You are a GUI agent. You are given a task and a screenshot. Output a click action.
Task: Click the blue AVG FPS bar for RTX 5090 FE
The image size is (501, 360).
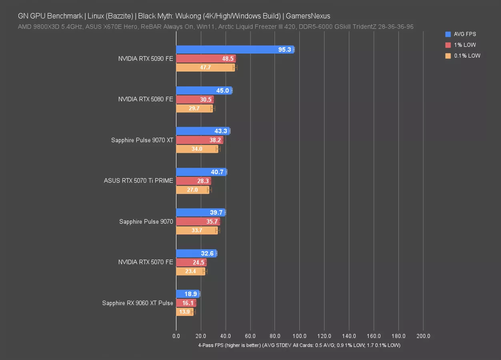coord(235,50)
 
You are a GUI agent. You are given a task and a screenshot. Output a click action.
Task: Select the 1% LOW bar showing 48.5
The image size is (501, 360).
coord(206,58)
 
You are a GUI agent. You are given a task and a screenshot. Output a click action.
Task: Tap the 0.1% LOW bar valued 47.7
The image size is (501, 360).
coord(205,68)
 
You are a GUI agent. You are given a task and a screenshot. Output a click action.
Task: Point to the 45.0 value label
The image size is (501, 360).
coord(223,90)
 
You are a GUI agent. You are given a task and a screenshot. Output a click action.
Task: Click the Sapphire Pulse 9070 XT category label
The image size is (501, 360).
coord(142,140)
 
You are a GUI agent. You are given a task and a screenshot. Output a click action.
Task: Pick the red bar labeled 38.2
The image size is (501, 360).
coord(199,140)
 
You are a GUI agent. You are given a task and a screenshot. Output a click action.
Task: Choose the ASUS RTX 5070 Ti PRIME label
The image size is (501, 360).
coord(138,181)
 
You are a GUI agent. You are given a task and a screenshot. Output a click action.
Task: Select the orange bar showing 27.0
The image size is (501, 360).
coord(192,190)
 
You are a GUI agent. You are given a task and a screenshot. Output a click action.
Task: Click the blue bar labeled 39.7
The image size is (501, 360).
coord(200,212)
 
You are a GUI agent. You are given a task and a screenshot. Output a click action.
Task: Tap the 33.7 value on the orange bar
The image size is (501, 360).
coord(197,230)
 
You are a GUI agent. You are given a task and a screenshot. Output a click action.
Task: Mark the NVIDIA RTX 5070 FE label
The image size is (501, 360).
coord(146,262)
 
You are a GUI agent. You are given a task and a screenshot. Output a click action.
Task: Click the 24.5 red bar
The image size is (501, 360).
coord(191,262)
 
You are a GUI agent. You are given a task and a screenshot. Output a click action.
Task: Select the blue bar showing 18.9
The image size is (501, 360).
coord(187,294)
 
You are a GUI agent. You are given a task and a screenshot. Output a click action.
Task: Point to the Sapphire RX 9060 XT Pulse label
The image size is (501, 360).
coord(138,303)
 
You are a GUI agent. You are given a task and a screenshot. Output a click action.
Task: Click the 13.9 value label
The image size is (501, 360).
coord(184,312)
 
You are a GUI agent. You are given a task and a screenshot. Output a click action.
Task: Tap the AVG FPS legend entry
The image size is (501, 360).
coord(465,34)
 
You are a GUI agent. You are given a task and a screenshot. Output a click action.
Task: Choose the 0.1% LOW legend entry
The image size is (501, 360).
coord(467,56)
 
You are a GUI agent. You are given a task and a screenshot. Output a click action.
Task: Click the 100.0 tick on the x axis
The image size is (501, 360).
coord(300,336)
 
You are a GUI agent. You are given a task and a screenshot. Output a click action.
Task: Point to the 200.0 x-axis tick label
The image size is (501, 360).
coord(423,336)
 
